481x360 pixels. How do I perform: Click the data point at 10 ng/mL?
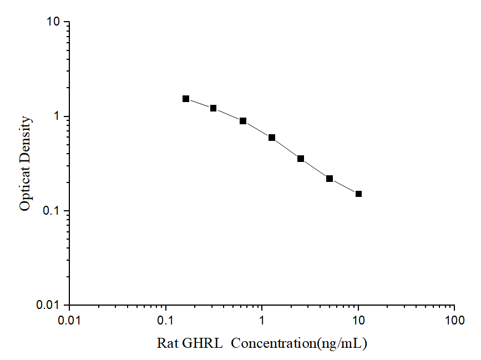(358, 194)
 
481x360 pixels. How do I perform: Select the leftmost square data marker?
(186, 99)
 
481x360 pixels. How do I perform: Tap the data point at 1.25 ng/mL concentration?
(272, 138)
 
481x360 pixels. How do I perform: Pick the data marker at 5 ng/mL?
(330, 179)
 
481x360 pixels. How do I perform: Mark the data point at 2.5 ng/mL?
(301, 159)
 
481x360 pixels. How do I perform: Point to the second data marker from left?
(213, 108)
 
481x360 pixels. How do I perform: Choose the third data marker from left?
(243, 121)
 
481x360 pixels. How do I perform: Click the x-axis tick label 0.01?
(69, 320)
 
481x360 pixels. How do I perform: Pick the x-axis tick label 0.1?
(165, 320)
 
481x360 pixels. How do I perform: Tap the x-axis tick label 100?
(454, 320)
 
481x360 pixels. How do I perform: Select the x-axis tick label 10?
(358, 320)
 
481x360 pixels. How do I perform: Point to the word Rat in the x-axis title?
(167, 343)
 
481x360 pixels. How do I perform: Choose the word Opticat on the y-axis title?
(25, 189)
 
